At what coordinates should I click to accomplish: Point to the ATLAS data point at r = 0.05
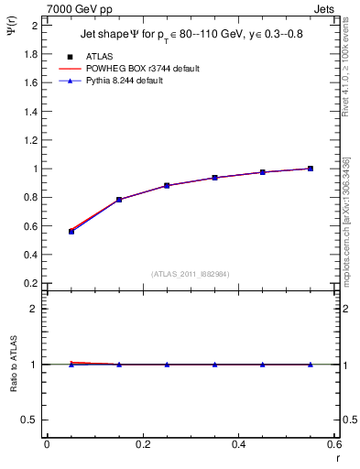pos(71,232)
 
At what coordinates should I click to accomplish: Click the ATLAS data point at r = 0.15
pos(119,200)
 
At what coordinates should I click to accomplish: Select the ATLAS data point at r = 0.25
pos(167,185)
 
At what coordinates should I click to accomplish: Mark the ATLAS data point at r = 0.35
pos(215,178)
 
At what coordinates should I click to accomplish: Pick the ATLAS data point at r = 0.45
pos(263,172)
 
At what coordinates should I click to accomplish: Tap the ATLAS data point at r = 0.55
pos(311,169)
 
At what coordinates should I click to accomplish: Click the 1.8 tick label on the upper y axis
pos(30,54)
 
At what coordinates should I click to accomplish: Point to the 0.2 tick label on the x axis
pos(142,444)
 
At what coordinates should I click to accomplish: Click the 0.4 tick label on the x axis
pos(238,444)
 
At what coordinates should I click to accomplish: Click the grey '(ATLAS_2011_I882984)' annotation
pos(190,273)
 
